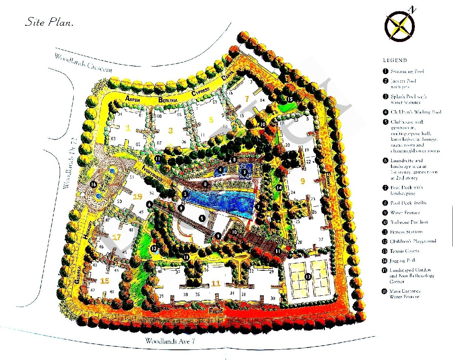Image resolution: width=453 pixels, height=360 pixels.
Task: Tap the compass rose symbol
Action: pyautogui.click(x=400, y=26)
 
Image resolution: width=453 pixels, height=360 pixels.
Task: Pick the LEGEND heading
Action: pyautogui.click(x=395, y=60)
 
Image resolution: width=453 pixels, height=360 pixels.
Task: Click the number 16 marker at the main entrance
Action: pyautogui.click(x=93, y=185)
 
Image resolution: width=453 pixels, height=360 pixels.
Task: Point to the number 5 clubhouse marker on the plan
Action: pyautogui.click(x=202, y=218)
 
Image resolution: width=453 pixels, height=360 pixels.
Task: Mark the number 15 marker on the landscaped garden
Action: pyautogui.click(x=290, y=99)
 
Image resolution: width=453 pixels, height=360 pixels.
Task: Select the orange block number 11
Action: pyautogui.click(x=216, y=283)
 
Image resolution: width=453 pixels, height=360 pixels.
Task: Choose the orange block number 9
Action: pyautogui.click(x=302, y=181)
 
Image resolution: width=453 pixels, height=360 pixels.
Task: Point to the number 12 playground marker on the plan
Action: pyautogui.click(x=153, y=248)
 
